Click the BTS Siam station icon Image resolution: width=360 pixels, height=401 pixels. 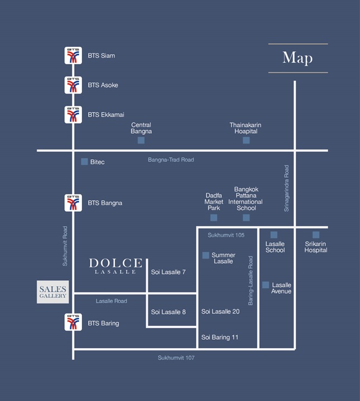73,55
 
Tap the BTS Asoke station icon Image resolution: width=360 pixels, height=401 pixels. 73,85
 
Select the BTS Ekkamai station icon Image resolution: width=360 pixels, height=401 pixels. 73,115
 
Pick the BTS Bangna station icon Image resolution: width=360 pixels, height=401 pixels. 73,203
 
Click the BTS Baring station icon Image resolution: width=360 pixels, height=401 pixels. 73,322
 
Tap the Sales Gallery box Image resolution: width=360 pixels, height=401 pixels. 53,292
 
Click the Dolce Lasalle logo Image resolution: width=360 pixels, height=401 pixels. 115,266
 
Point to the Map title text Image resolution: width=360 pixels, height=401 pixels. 298,58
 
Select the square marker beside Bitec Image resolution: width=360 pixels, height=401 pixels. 85,162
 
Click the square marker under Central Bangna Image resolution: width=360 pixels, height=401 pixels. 141,140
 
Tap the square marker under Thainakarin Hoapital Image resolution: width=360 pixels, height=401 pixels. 246,140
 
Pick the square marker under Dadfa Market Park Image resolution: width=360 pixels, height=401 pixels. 213,218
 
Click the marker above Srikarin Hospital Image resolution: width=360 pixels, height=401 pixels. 316,235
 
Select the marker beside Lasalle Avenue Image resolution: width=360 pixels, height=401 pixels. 266,285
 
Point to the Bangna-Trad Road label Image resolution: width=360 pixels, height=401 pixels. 171,160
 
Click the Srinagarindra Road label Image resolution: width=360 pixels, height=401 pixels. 286,188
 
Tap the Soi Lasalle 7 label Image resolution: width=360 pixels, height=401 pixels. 168,272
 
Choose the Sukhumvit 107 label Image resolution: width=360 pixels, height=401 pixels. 176,358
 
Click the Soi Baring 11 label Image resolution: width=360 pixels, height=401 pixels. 220,338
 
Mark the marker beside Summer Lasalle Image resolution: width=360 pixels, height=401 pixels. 206,255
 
